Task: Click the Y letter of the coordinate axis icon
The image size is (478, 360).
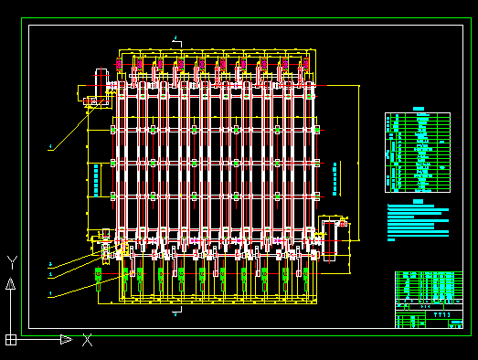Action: click(11, 262)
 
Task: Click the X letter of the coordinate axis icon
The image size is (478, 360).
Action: click(87, 340)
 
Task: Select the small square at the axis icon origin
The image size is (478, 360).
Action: click(10, 339)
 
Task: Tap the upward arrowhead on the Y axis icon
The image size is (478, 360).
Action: click(10, 283)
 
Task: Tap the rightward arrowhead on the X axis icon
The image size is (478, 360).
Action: click(66, 339)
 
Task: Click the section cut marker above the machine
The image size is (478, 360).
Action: click(175, 39)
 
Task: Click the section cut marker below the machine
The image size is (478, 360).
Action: click(175, 313)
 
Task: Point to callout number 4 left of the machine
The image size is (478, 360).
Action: click(50, 146)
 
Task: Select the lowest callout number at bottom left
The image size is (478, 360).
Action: click(50, 293)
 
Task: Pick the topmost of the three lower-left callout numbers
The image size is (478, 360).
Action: click(50, 264)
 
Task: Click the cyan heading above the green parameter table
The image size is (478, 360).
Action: click(419, 109)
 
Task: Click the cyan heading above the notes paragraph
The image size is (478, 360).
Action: click(418, 200)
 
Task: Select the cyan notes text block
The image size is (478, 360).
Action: click(418, 222)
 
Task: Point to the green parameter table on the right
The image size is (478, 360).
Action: click(418, 152)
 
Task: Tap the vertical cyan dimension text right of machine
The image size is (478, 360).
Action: click(335, 179)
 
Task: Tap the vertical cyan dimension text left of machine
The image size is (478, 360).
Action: click(95, 178)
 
